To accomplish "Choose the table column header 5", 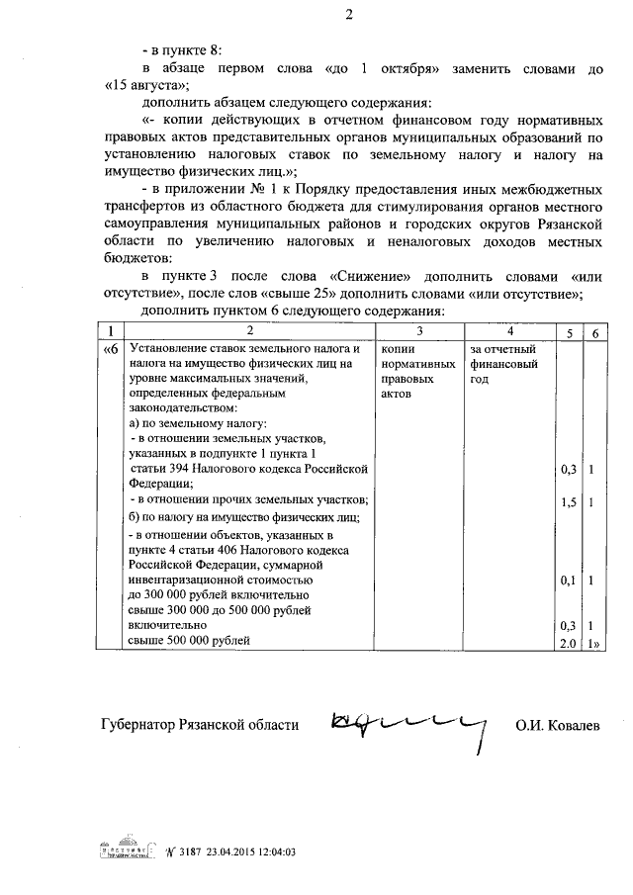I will pyautogui.click(x=569, y=330).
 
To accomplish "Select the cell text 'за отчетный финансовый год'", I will pyautogui.click(x=503, y=363).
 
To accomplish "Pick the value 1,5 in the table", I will pyautogui.click(x=568, y=502).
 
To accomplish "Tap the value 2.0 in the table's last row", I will pyautogui.click(x=568, y=642).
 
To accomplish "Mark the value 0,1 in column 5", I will pyautogui.click(x=568, y=582).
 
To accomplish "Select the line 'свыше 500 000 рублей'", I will pyautogui.click(x=189, y=640).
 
